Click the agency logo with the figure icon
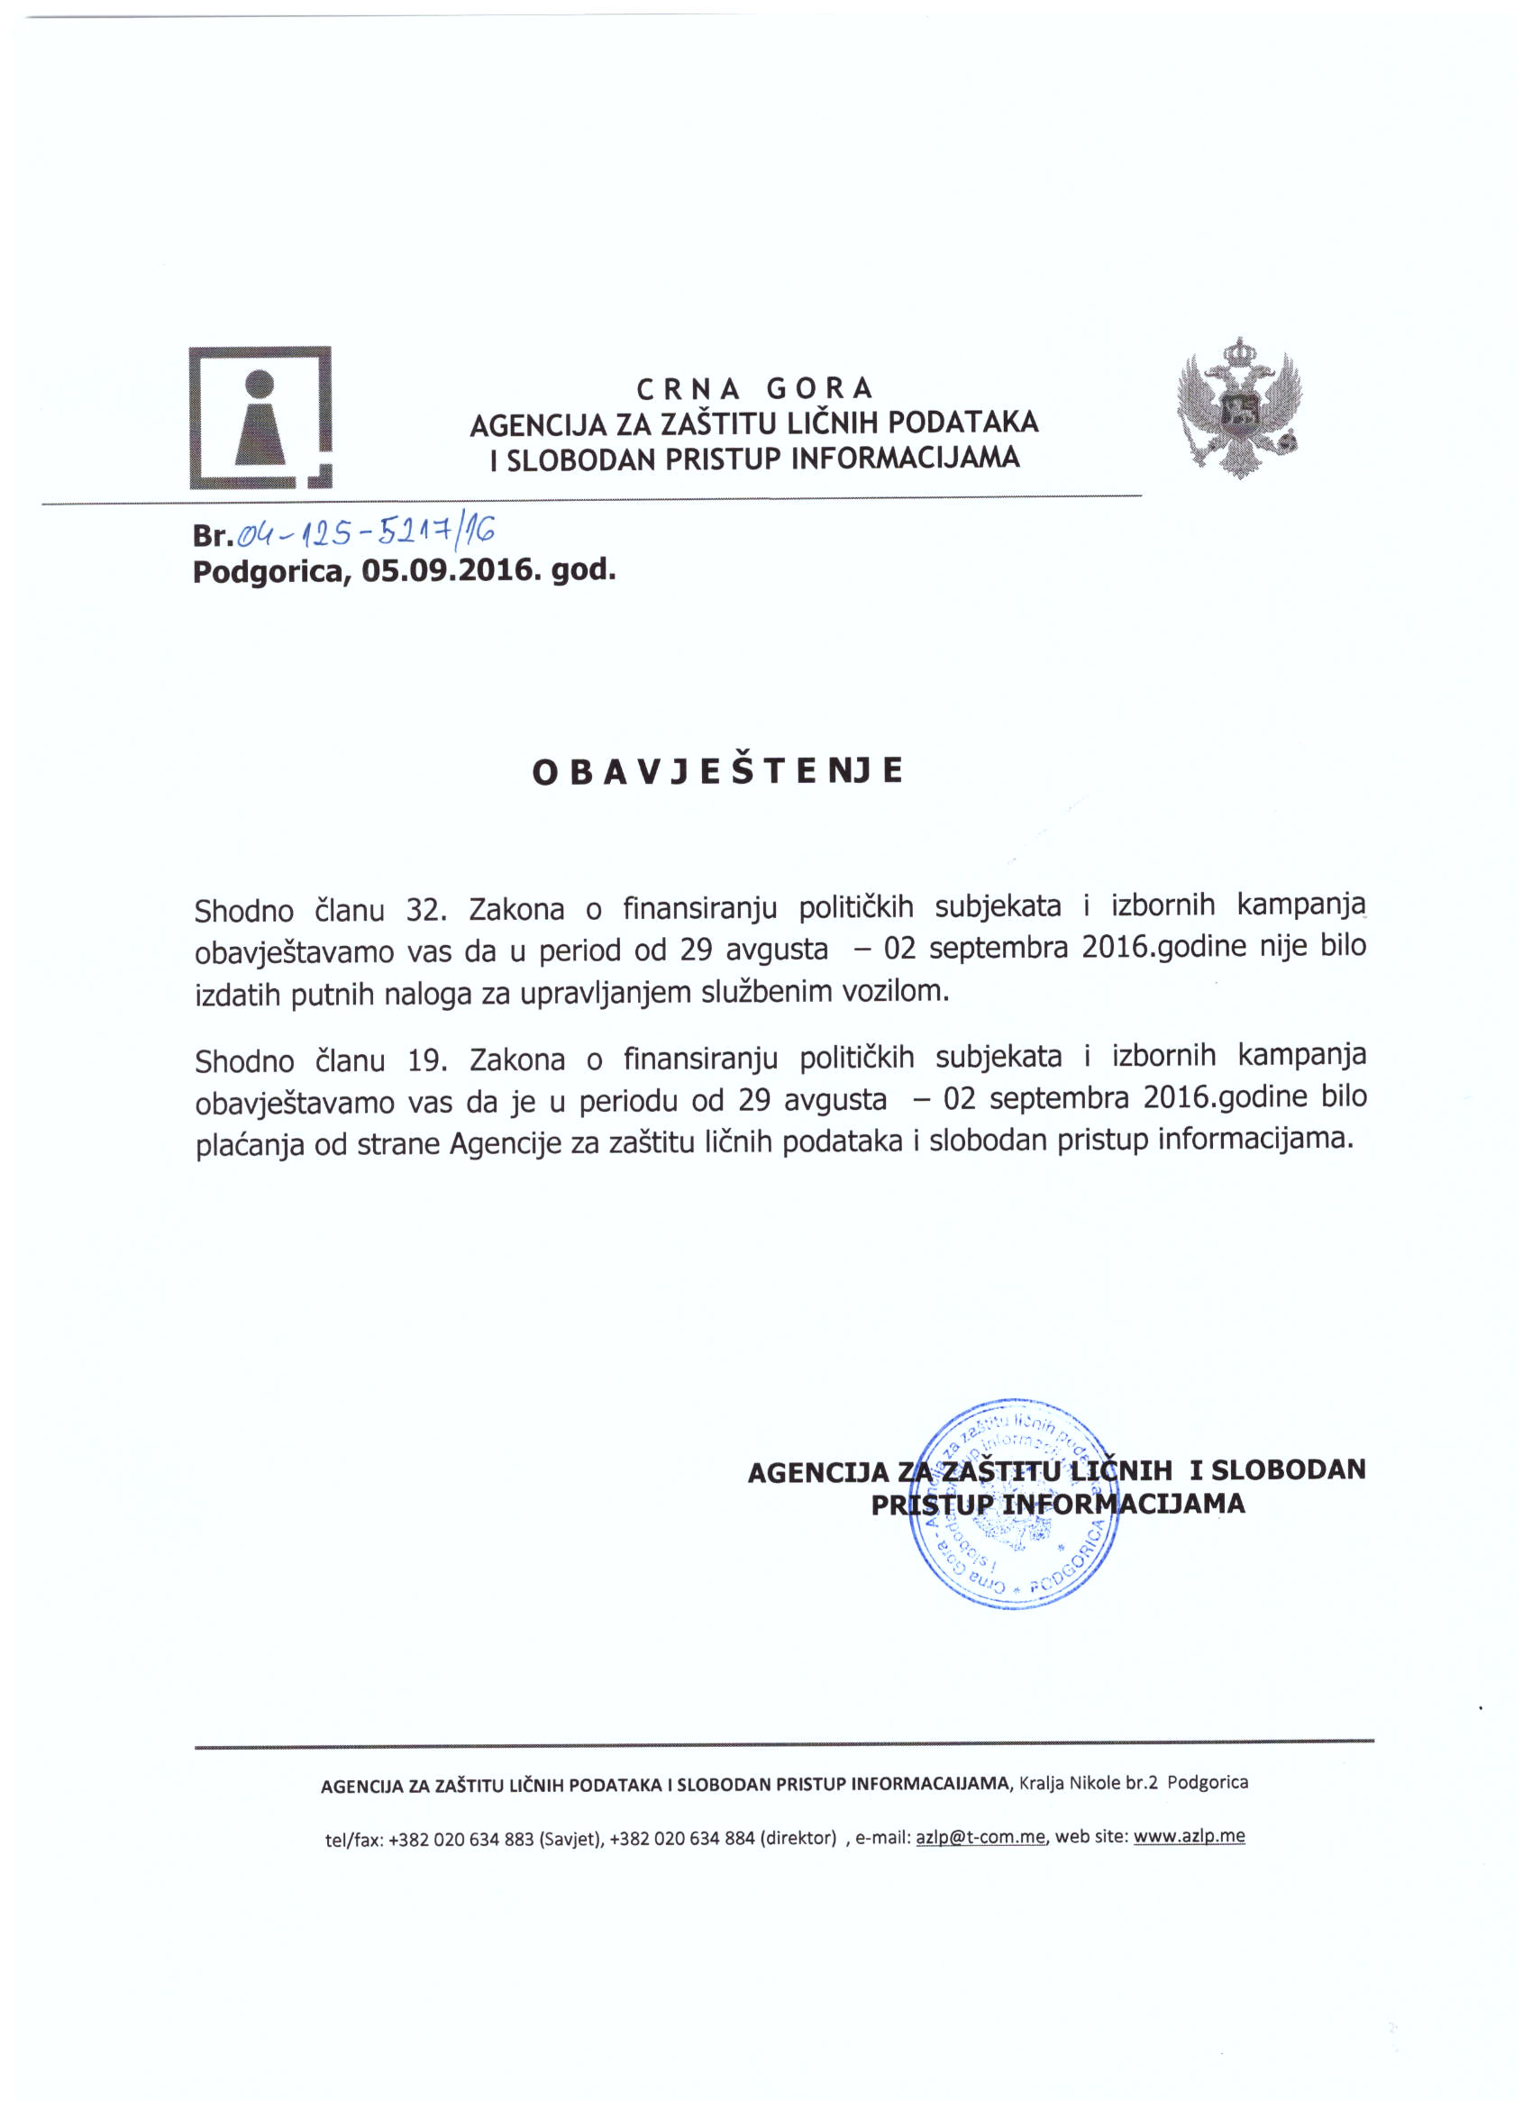(x=260, y=418)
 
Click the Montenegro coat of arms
(x=1238, y=408)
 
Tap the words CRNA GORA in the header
(x=754, y=387)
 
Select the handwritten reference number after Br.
(x=366, y=532)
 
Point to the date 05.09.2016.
(x=451, y=570)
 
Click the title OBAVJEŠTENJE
(x=717, y=771)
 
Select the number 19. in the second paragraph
(x=428, y=1060)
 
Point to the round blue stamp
(x=1014, y=1505)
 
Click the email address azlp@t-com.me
(x=980, y=1837)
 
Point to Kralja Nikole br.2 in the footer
(x=1088, y=1783)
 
